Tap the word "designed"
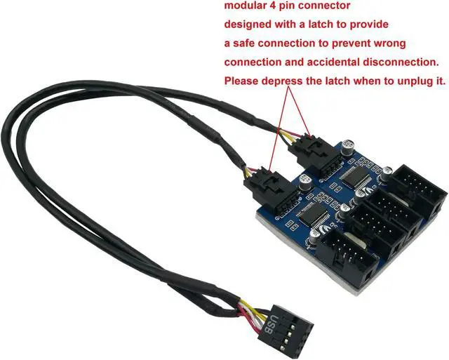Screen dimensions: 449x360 (x=250, y=25)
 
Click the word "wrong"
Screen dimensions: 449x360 (x=390, y=44)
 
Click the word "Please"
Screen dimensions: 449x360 (x=243, y=81)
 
